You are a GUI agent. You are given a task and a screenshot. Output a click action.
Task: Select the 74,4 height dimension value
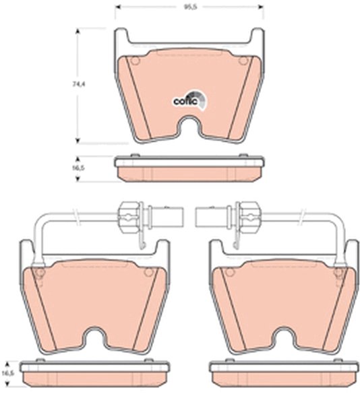coord(79,84)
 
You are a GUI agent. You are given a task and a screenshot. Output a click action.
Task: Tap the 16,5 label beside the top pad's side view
coord(80,168)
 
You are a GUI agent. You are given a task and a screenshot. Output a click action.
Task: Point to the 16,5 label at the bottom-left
coord(8,373)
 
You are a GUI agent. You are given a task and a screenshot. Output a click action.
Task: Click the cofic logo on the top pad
coord(189,100)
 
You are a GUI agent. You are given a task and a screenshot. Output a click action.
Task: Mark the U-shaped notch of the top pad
coord(189,127)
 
